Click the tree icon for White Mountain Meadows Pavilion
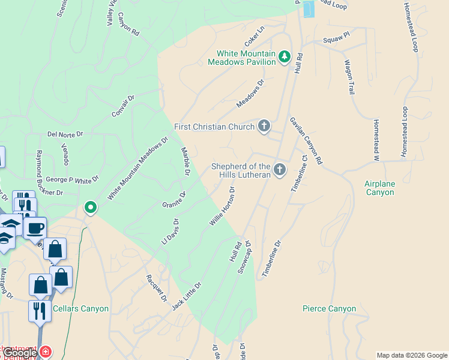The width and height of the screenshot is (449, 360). [x=285, y=58]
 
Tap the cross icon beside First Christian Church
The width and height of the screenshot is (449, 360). [x=263, y=127]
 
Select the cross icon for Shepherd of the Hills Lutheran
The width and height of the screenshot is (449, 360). [x=279, y=170]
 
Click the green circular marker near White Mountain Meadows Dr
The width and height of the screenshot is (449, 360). [x=91, y=208]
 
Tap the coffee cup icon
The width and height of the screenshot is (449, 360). [x=35, y=229]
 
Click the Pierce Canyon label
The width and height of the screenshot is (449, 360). [x=329, y=309]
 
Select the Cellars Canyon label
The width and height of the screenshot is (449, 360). [x=80, y=309]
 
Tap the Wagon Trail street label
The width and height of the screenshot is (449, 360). [x=349, y=76]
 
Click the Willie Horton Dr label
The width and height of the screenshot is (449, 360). [x=221, y=206]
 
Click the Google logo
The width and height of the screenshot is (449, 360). [x=19, y=353]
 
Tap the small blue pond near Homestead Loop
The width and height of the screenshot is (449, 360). [x=309, y=8]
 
